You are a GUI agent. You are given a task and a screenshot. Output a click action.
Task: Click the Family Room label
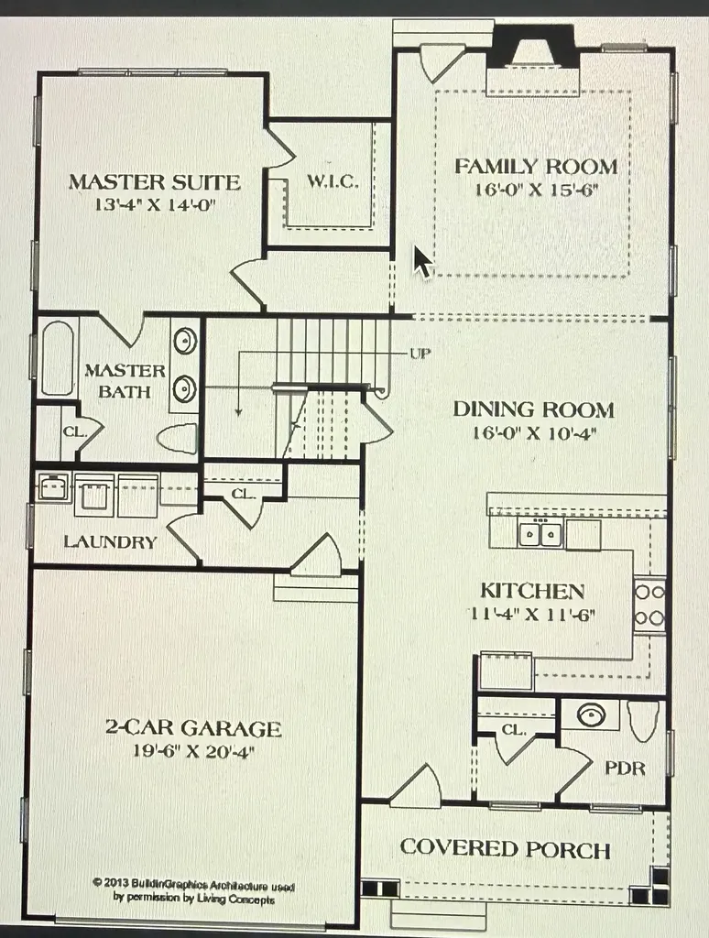(x=536, y=167)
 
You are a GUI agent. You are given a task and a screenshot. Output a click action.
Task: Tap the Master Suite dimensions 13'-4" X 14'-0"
(x=155, y=204)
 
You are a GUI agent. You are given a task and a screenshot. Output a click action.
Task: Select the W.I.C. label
(x=333, y=180)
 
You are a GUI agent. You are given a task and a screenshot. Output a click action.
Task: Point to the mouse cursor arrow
(x=422, y=261)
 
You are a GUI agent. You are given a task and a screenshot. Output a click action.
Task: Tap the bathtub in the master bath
(x=58, y=358)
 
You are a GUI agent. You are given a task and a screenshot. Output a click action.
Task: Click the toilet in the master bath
(x=178, y=438)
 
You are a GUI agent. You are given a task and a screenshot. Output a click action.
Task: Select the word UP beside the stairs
(x=420, y=354)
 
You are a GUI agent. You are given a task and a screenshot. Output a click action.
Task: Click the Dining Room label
(x=534, y=409)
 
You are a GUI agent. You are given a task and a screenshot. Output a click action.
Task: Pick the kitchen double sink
(x=540, y=532)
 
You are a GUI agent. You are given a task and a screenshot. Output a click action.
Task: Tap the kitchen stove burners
(x=649, y=605)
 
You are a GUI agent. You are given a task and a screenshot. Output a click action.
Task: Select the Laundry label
(x=110, y=542)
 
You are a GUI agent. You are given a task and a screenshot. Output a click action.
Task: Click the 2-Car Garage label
(x=193, y=728)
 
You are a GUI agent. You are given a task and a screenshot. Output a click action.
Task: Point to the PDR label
(x=626, y=769)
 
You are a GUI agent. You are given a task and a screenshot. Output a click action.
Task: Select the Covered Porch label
(x=506, y=848)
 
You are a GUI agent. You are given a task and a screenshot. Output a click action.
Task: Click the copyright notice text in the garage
(x=192, y=890)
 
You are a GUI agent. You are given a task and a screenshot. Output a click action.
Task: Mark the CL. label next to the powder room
(x=513, y=730)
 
